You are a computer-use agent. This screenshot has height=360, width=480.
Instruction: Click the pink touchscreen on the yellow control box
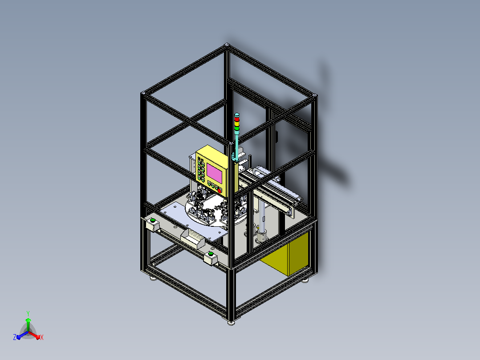pos(214,173)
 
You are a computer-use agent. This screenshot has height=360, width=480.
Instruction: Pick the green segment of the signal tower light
pos(237,128)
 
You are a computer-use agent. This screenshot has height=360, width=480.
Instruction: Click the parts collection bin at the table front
pos(192,238)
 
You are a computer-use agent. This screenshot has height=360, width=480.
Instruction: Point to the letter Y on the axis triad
pos(28,313)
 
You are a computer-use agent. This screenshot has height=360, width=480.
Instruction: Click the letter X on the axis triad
pos(42,337)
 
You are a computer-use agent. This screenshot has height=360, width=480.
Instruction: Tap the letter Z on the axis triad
pos(15,337)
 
